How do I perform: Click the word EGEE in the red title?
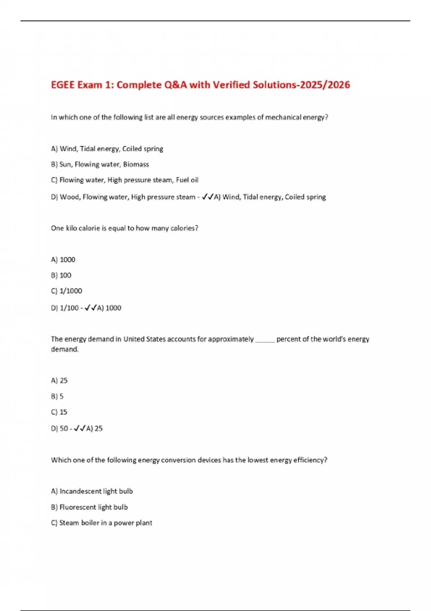(63, 85)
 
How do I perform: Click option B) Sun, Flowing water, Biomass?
(100, 165)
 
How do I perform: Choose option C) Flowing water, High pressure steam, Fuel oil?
(125, 180)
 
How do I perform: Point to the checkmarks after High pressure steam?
(208, 197)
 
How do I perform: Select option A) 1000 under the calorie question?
(63, 260)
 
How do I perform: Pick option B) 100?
(61, 275)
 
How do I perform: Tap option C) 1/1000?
(66, 291)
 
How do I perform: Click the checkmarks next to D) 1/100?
(91, 308)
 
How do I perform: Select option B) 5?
(57, 396)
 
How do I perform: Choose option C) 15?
(59, 412)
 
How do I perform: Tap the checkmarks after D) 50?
(79, 428)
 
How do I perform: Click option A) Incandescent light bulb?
(92, 491)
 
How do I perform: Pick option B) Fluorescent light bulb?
(89, 507)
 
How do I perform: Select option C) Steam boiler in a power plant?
(102, 523)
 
